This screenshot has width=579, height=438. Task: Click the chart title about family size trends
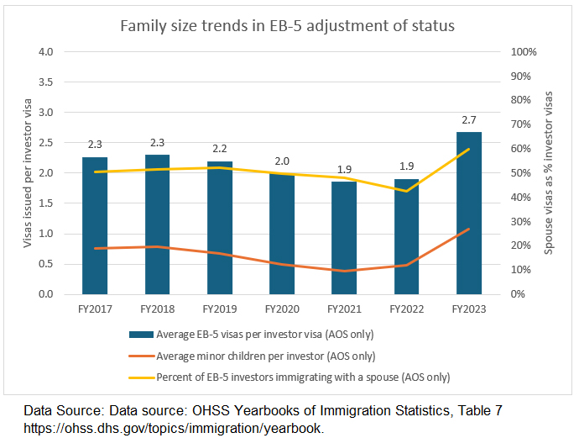(287, 26)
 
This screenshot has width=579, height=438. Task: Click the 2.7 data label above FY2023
(469, 120)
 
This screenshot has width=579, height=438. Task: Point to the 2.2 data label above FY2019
(220, 149)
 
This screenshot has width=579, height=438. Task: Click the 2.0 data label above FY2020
(282, 161)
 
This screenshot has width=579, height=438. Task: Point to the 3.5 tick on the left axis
(46, 82)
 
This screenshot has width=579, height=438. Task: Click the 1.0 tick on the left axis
(46, 234)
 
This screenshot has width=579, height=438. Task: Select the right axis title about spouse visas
(551, 172)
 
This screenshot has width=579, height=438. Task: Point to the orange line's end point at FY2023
(469, 229)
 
